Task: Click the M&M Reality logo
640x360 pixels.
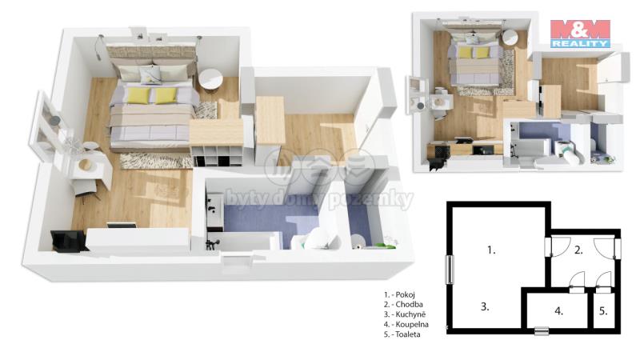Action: [x=580, y=34]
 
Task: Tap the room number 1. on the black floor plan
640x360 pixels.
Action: [x=491, y=250]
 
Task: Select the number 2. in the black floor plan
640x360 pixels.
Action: [x=578, y=250]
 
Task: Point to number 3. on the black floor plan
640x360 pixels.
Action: [x=485, y=306]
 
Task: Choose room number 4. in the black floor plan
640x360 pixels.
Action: [x=559, y=311]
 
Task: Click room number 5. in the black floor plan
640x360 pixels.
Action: [x=604, y=311]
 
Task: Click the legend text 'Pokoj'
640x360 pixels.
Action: [x=406, y=294]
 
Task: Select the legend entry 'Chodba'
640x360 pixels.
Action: [x=409, y=305]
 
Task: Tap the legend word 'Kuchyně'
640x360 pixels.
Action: [x=410, y=314]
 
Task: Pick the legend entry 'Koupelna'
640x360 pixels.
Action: [x=412, y=325]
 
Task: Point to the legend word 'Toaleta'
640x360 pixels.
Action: [x=408, y=334]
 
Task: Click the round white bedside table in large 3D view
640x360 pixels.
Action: [x=210, y=79]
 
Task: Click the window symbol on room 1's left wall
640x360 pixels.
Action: [x=450, y=270]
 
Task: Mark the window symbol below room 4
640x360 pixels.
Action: [x=542, y=330]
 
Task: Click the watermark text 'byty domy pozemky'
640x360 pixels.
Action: [x=318, y=199]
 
